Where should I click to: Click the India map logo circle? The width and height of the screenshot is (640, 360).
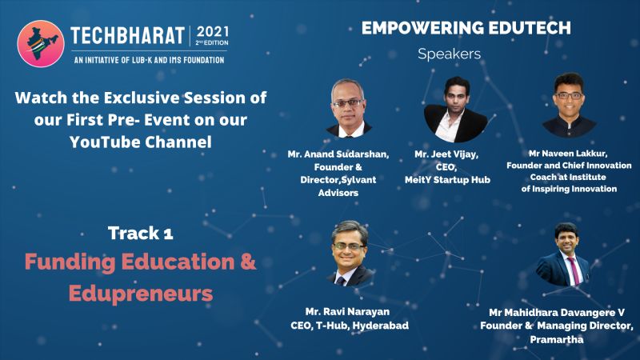coord(41,44)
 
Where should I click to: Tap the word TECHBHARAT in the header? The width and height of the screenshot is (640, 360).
coord(128,36)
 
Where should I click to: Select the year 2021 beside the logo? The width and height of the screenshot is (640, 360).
coord(213,32)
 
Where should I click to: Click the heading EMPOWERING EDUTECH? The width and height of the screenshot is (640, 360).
coord(466,28)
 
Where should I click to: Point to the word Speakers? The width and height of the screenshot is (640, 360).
coord(449,54)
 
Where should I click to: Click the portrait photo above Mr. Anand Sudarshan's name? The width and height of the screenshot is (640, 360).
coord(348,108)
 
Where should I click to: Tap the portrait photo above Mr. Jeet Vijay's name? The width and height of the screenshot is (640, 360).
coord(455,110)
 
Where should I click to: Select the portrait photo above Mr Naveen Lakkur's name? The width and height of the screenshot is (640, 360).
coord(569,105)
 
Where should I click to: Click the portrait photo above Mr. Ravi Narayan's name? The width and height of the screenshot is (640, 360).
coord(350,253)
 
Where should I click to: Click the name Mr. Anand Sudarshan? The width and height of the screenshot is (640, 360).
coord(338,154)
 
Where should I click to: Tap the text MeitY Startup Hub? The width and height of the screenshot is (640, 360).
coord(447,180)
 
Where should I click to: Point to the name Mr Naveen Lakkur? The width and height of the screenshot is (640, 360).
coord(568,154)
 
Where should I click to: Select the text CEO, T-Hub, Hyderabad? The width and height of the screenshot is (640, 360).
coord(350,326)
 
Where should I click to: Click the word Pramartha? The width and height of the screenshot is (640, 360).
coord(556,339)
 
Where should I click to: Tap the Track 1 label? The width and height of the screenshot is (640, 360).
coord(141,233)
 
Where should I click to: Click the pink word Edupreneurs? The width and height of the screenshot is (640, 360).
coord(141,294)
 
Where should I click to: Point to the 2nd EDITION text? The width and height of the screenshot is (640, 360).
coord(212,42)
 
